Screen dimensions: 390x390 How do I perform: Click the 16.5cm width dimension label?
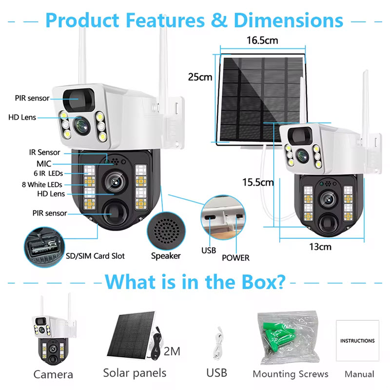pos(262,40)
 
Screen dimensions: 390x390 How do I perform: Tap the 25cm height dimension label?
pos(200,77)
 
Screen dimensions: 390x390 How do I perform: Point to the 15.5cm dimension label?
pos(258,182)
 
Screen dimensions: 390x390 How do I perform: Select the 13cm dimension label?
pos(320,247)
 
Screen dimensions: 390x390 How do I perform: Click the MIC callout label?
pos(44,164)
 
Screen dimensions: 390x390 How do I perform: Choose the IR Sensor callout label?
pos(44,152)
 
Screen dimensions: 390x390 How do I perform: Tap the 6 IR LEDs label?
pos(48,174)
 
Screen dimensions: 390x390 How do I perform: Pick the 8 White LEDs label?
pos(42,185)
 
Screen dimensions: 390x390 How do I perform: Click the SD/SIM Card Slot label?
pos(95,256)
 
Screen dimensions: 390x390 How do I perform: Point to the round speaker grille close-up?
pos(166,231)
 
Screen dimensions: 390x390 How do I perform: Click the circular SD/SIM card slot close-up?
pos(44,247)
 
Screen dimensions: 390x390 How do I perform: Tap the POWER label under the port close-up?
pos(235,258)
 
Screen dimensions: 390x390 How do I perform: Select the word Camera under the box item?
pos(53,374)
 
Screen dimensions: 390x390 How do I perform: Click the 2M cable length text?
pos(172,351)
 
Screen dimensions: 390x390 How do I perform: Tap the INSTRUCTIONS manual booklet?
pos(357,340)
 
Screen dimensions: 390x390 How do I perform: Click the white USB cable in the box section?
pos(218,343)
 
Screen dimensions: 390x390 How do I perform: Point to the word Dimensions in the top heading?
pos(289,20)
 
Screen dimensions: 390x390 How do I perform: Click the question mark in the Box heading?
pos(278,282)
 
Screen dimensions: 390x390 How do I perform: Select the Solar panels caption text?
pos(135,373)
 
